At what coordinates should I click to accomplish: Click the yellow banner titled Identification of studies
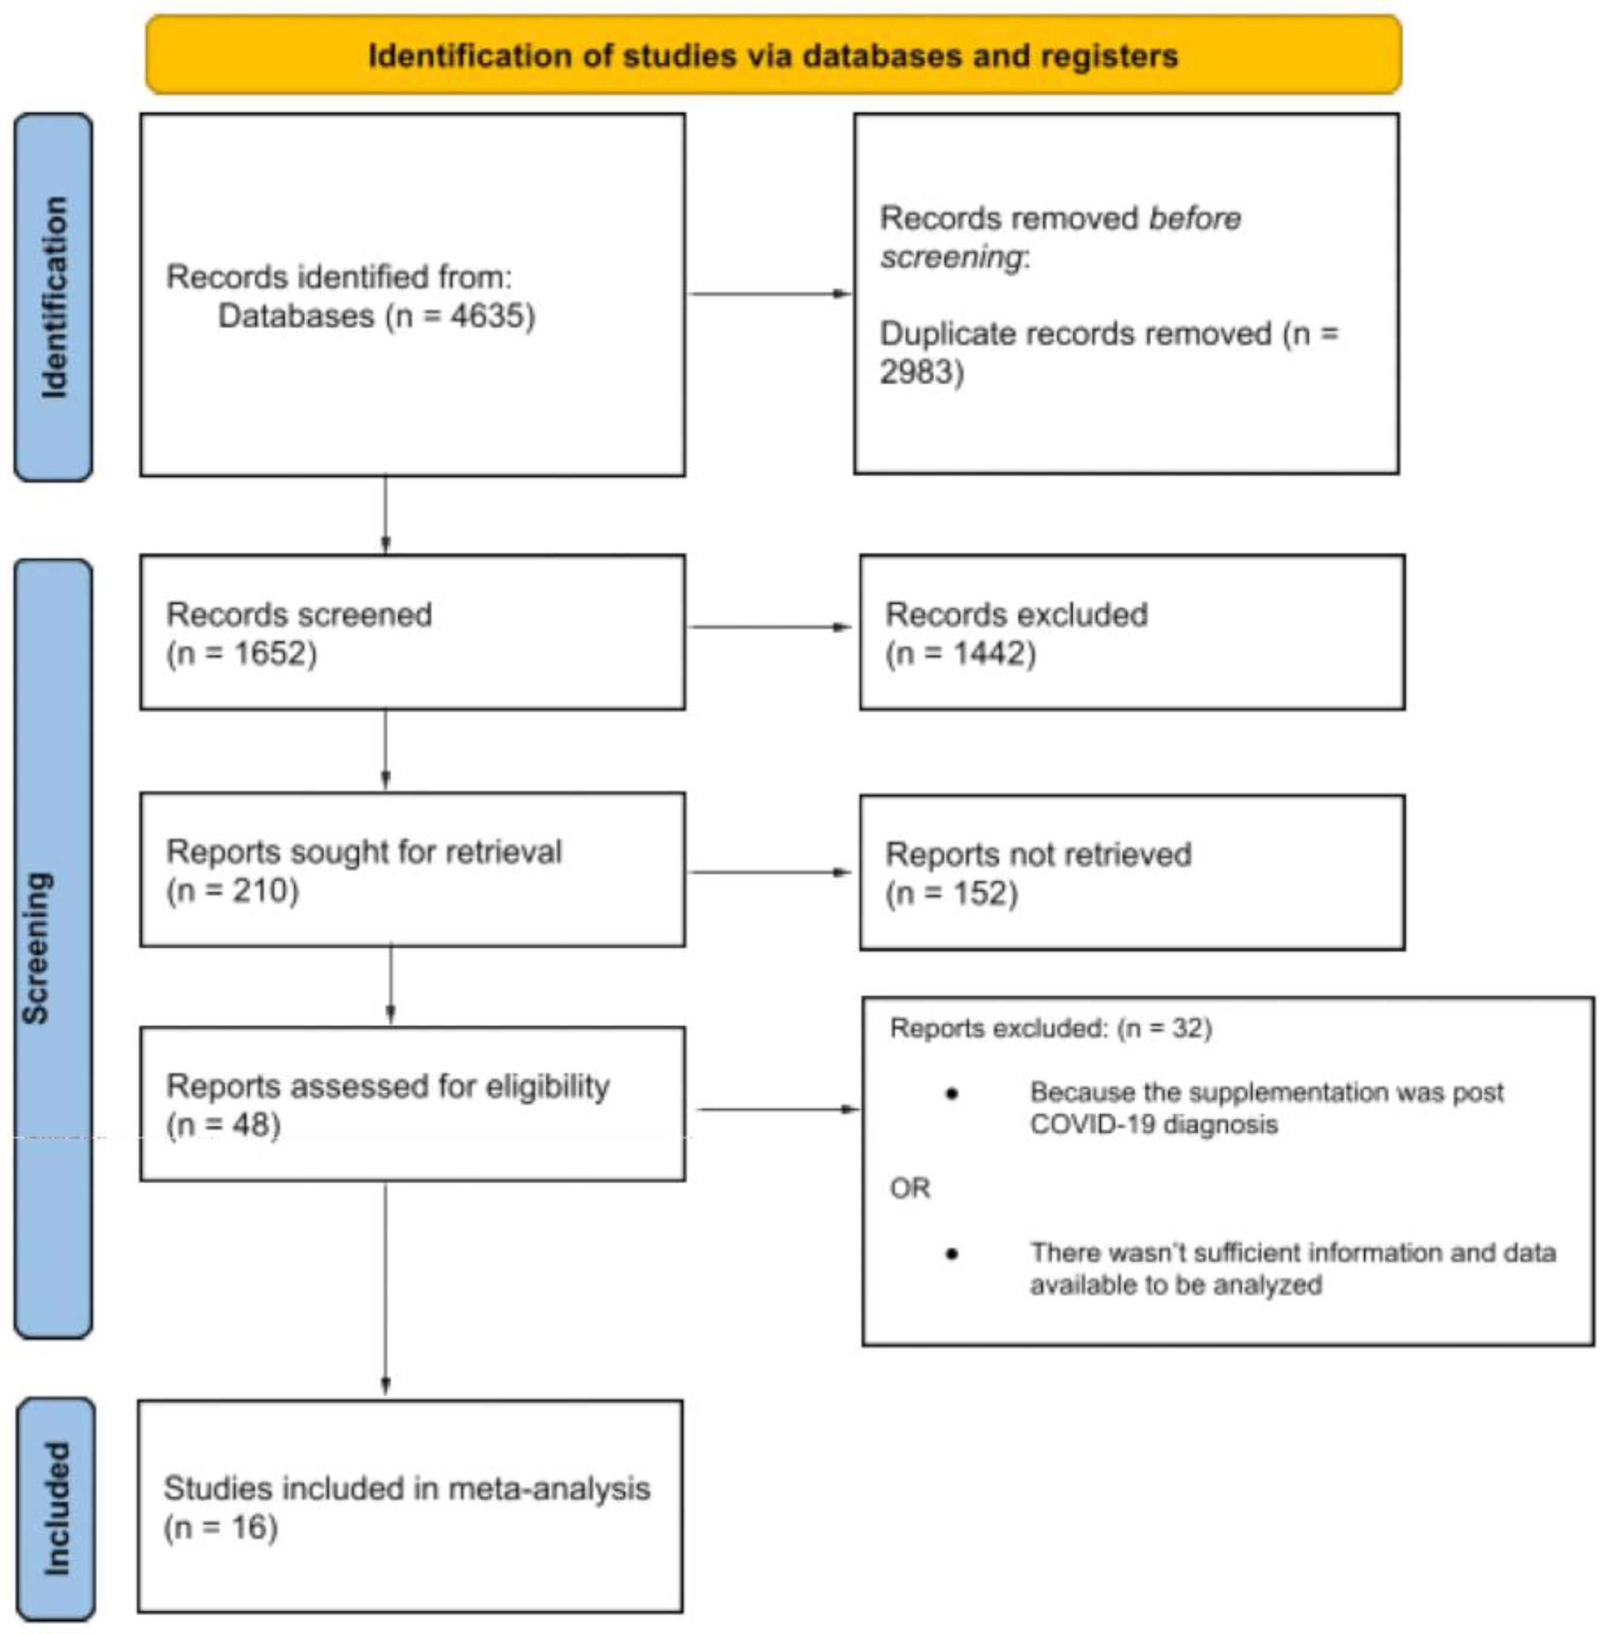pos(773,55)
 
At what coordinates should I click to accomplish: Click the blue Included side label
pos(56,1509)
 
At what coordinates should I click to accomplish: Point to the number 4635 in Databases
pos(488,316)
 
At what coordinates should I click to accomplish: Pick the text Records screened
pos(299,615)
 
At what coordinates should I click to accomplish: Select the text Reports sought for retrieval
pos(364,852)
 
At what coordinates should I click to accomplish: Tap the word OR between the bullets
pos(910,1188)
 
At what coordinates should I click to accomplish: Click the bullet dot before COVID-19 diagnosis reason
pos(952,1094)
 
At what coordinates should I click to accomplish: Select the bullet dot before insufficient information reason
pos(952,1254)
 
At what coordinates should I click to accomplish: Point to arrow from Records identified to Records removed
pos(769,294)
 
